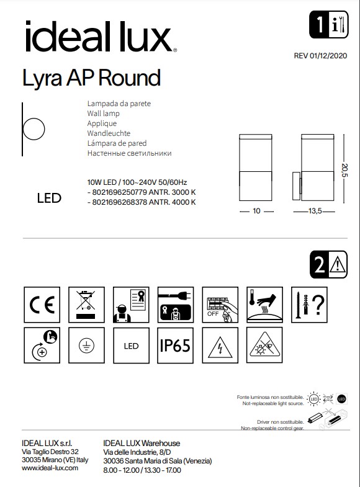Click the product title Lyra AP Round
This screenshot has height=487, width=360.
tap(91, 78)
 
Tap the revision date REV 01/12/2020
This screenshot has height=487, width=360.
tap(321, 56)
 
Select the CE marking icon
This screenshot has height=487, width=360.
tap(42, 304)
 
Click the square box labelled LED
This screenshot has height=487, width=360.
tap(131, 346)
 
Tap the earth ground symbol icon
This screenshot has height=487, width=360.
tap(86, 346)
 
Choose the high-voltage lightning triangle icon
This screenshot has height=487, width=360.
tap(220, 346)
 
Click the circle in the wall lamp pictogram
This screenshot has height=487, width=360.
tap(34, 131)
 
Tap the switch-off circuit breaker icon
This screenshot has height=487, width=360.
tap(220, 304)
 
